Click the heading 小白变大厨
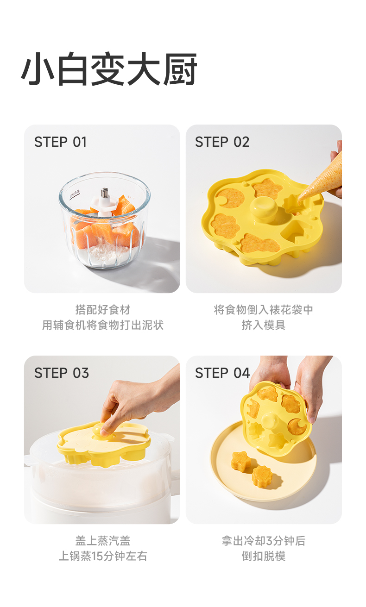tap(109, 69)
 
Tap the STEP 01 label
tap(60, 142)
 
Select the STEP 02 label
tap(222, 142)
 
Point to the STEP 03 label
tap(62, 373)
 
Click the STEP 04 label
tap(222, 373)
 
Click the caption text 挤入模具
tap(264, 325)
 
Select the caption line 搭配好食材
tap(103, 309)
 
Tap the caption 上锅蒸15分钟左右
tap(103, 556)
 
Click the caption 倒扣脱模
tap(264, 556)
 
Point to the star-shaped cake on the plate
tap(240, 461)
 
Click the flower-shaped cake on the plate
tap(262, 477)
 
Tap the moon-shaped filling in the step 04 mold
tap(297, 426)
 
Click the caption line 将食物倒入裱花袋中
tap(264, 309)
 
